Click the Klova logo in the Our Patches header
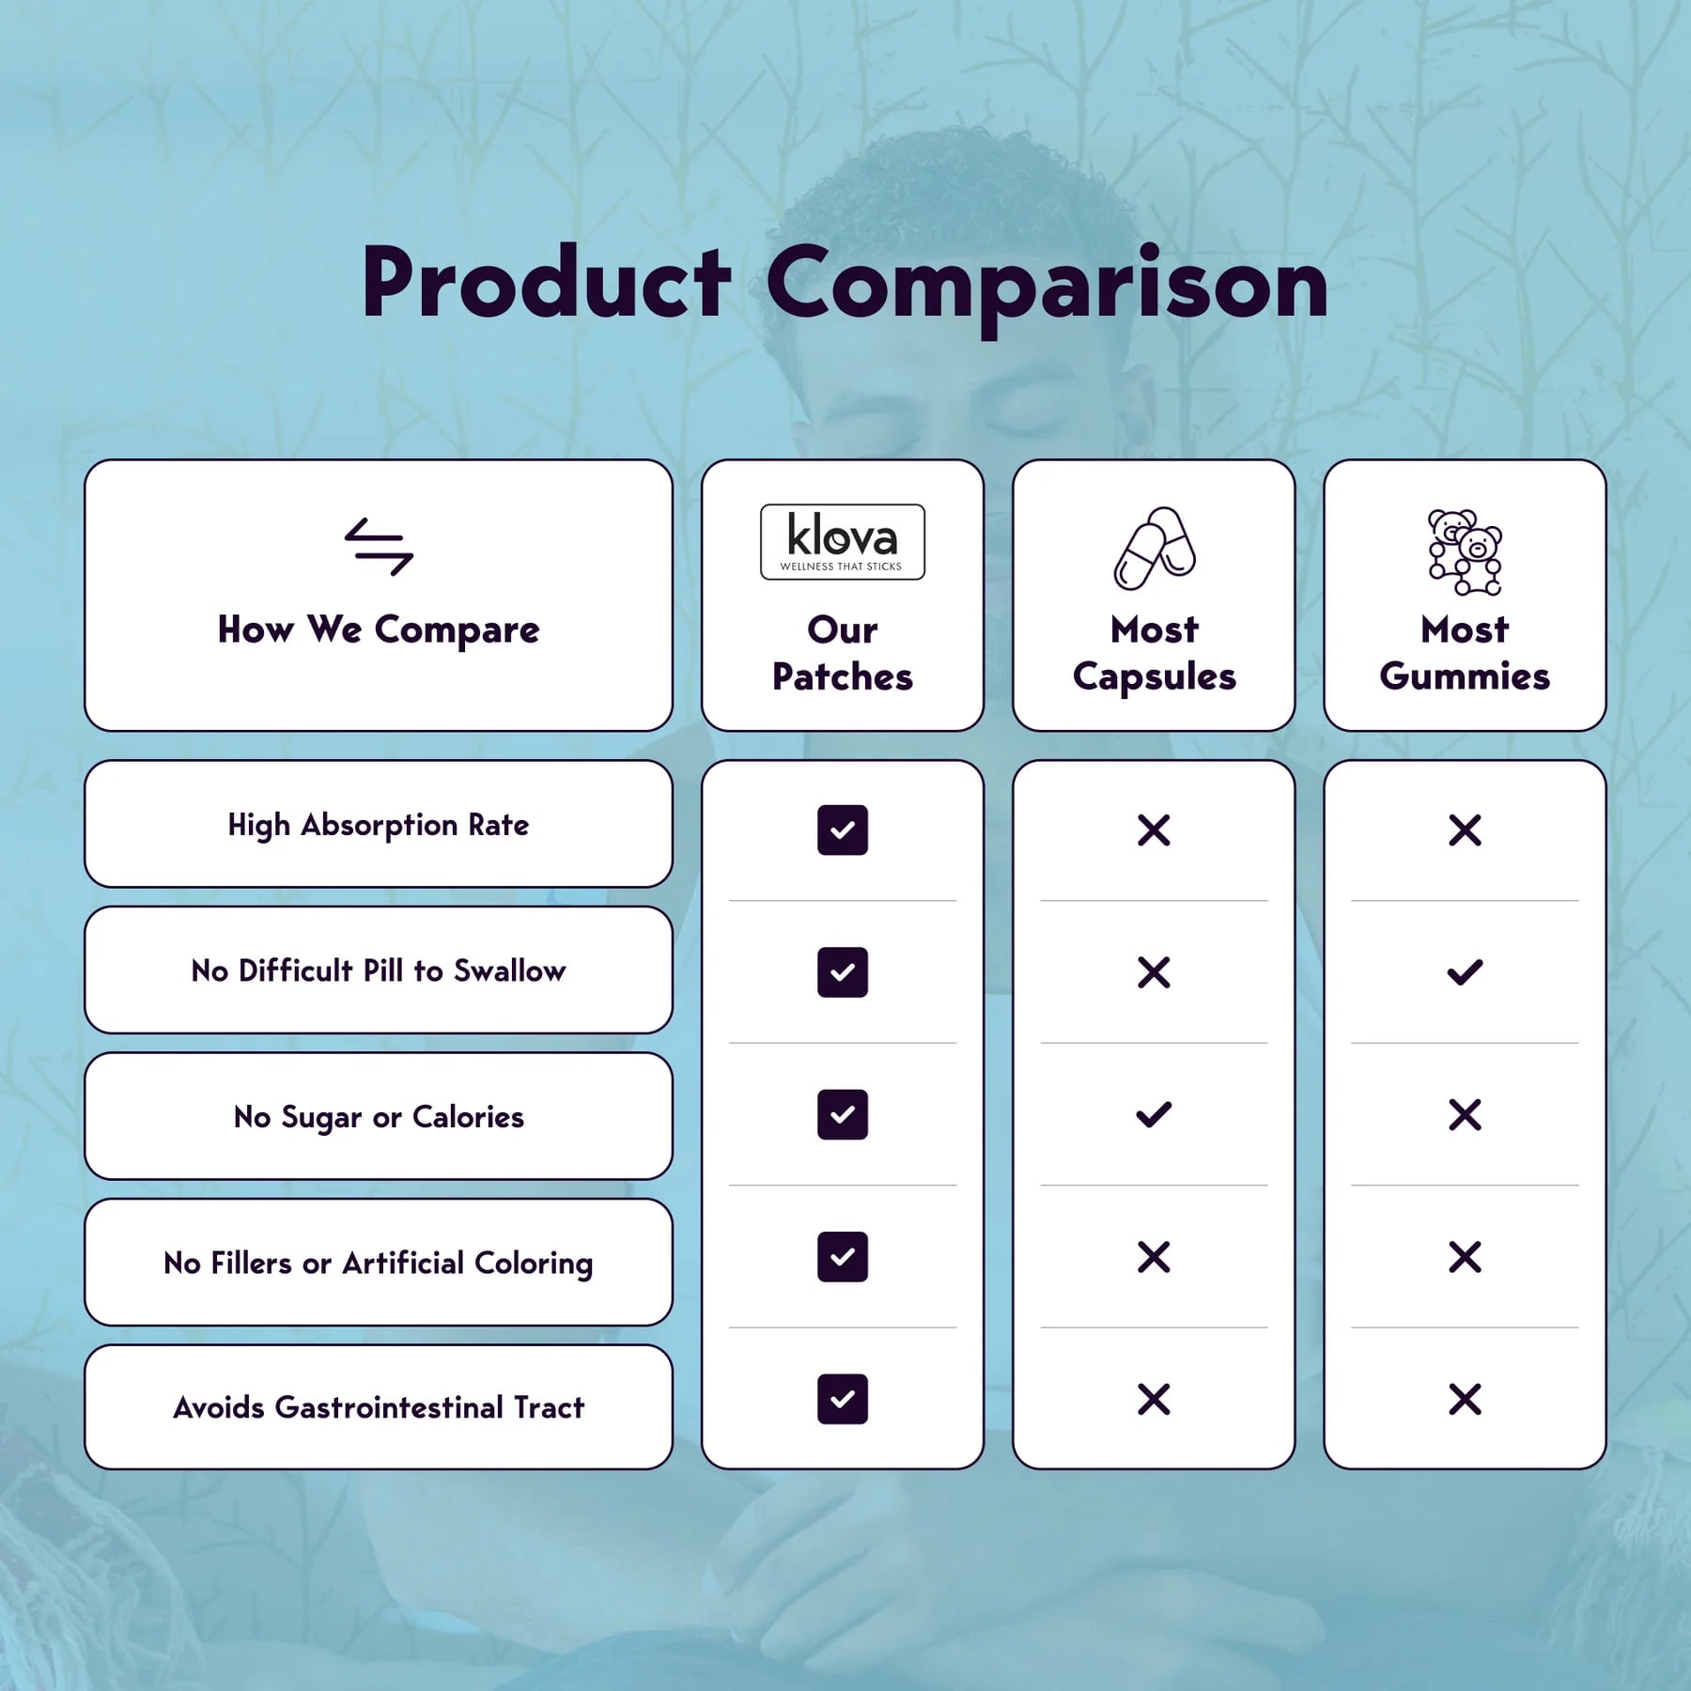point(843,542)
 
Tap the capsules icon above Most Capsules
point(1155,549)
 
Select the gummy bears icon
point(1465,552)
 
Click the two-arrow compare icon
point(379,547)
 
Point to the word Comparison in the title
point(1047,284)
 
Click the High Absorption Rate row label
point(379,825)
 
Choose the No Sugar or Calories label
point(379,1117)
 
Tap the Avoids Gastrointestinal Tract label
point(379,1407)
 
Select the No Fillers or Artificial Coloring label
point(379,1264)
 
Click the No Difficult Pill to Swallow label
point(379,970)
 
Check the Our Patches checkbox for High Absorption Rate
point(843,830)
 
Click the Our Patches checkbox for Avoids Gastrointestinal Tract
point(843,1399)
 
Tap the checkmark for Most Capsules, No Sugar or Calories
point(1154,1115)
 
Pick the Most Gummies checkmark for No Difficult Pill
point(1465,972)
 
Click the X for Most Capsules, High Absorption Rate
point(1154,830)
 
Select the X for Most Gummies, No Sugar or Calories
point(1465,1115)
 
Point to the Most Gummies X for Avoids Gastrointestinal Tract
point(1465,1400)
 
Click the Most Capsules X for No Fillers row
point(1154,1257)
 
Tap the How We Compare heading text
point(379,629)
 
